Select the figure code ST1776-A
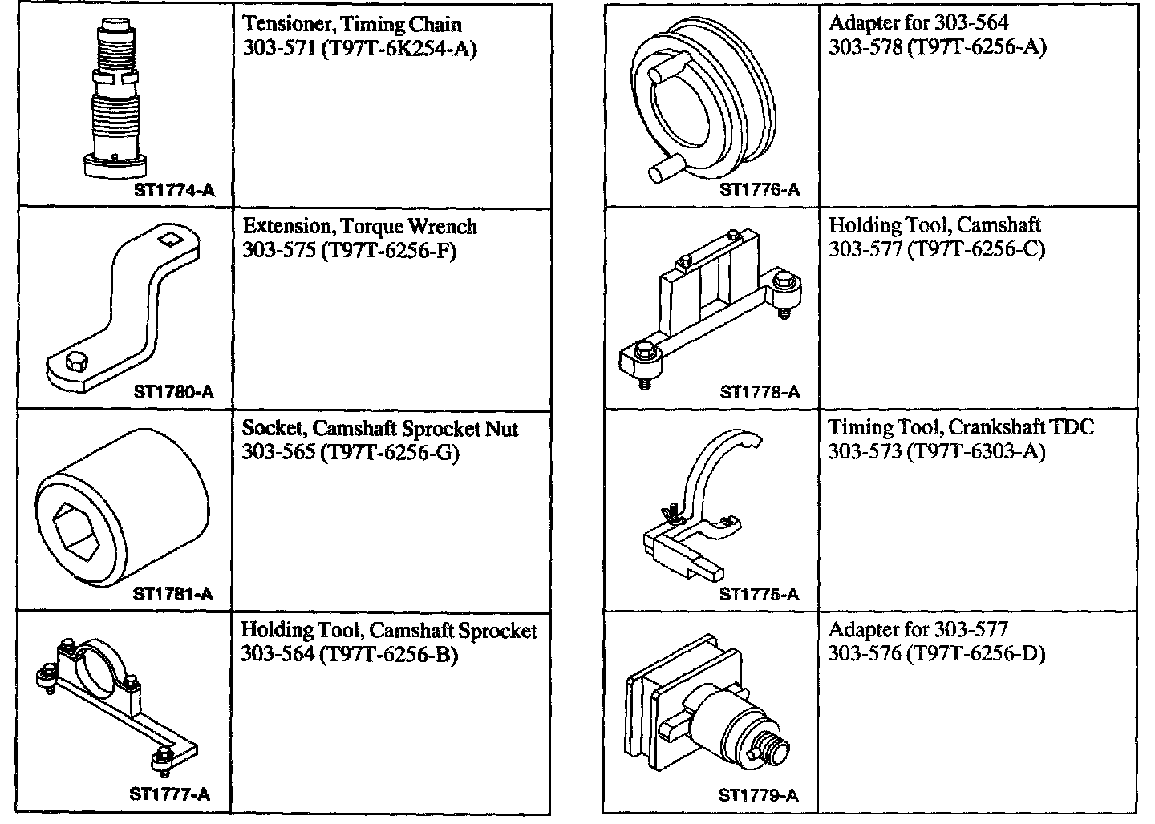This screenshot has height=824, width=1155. (759, 190)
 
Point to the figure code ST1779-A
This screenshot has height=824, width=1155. (758, 796)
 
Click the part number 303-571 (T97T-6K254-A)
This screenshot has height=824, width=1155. (359, 49)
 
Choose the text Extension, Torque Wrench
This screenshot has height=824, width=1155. (359, 227)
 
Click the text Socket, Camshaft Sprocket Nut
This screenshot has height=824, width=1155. (380, 429)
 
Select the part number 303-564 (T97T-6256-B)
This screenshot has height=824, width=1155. (349, 655)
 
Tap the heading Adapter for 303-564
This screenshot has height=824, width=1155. (918, 23)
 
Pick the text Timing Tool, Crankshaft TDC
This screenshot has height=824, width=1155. (960, 427)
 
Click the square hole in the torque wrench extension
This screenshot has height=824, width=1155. (169, 237)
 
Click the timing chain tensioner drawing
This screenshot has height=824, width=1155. (116, 96)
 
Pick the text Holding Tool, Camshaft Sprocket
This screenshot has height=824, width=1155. (389, 631)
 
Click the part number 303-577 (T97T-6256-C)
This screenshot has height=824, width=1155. (936, 249)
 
